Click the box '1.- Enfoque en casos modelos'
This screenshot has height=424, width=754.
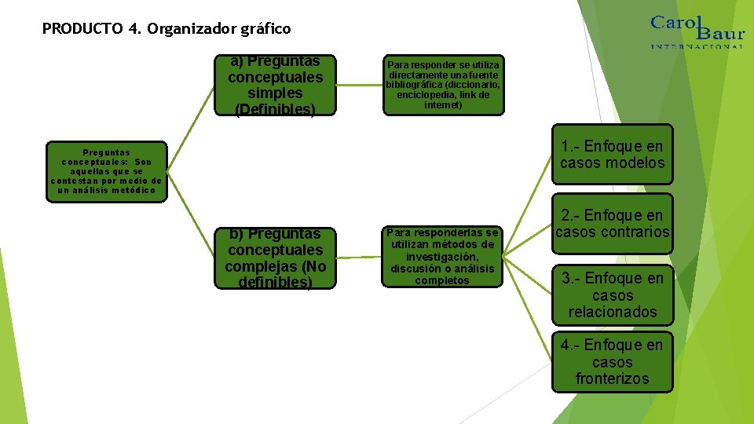612,155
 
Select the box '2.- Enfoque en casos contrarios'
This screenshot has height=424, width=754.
612,224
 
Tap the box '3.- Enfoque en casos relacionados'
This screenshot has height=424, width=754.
612,295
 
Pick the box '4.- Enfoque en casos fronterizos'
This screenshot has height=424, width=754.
612,362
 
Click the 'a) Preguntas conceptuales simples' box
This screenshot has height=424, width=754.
275,86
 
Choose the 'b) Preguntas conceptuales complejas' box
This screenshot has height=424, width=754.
274,258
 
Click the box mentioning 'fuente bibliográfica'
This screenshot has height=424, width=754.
443,85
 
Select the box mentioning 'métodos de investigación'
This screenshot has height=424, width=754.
443,257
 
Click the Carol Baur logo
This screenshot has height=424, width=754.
696,31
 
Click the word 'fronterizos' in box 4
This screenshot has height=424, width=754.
612,379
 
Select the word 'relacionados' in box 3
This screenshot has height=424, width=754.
612,312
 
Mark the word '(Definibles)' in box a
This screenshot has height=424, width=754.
275,110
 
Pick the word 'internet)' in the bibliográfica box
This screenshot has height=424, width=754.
443,104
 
